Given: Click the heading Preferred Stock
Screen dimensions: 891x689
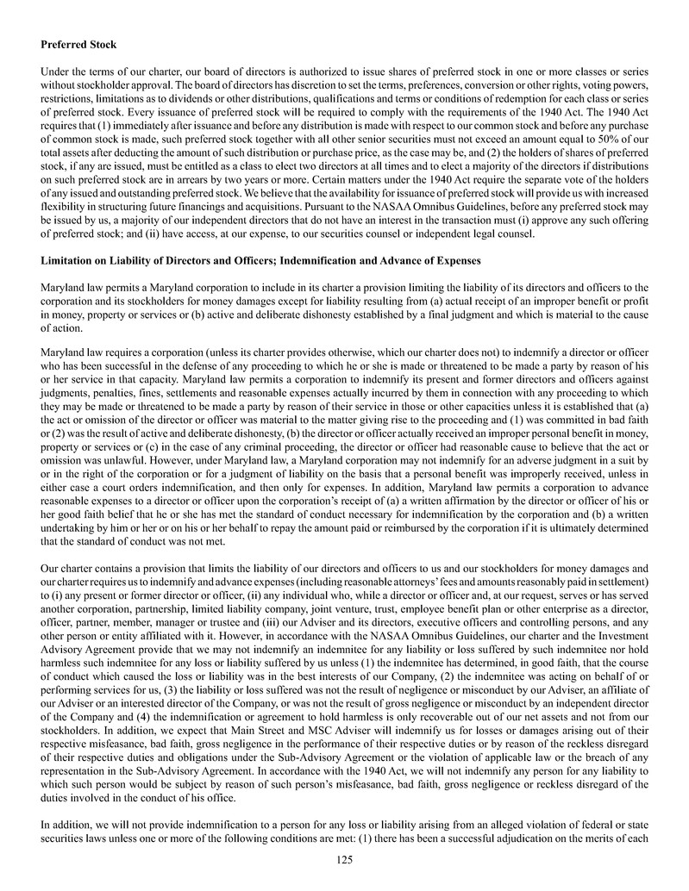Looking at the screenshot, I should [x=78, y=44].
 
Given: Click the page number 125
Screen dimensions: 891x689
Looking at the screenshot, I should [x=344, y=858].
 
